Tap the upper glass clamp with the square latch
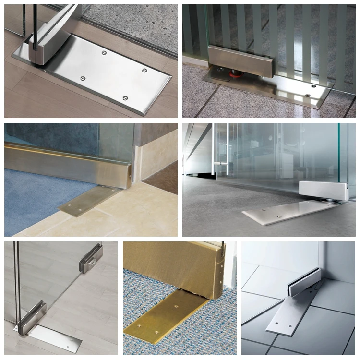click(90, 259)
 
